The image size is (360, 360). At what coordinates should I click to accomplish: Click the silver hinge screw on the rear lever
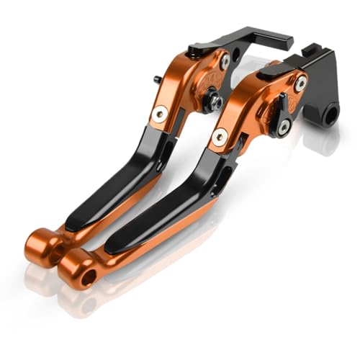point(160,113)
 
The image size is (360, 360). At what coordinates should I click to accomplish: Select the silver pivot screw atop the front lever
point(300,84)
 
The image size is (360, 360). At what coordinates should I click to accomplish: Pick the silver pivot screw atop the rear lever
point(225,63)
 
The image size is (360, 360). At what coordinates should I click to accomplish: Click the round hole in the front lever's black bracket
point(331,113)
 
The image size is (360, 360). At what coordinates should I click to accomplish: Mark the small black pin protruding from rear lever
point(156,79)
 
